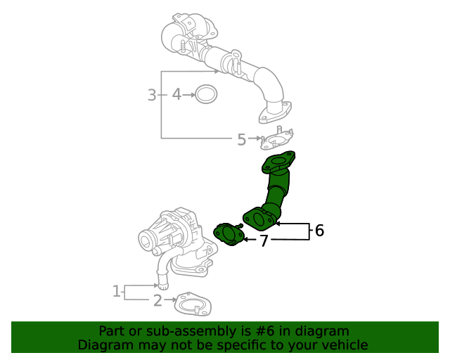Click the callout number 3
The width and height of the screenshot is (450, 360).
[152, 94]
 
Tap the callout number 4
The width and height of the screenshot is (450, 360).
[176, 94]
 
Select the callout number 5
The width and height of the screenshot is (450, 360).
[241, 139]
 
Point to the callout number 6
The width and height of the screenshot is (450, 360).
[319, 230]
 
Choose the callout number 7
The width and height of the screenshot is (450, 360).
[264, 241]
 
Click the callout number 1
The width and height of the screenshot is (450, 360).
[117, 290]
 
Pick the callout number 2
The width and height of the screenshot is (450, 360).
[157, 301]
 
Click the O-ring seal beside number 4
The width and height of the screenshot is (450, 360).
[206, 94]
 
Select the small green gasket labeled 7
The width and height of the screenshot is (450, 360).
[229, 234]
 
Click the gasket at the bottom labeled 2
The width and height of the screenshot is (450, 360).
[192, 304]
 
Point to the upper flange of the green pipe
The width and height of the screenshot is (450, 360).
[278, 163]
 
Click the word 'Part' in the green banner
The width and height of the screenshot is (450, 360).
[111, 330]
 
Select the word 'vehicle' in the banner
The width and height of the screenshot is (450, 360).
[344, 345]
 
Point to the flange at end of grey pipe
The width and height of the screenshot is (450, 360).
[274, 112]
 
